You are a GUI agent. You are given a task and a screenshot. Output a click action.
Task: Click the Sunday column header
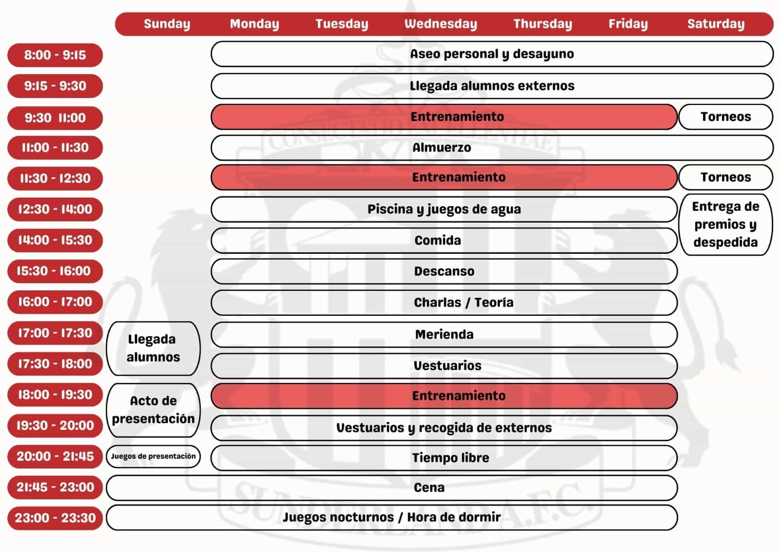(x=167, y=24)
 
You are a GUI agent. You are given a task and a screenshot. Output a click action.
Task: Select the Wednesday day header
(x=441, y=24)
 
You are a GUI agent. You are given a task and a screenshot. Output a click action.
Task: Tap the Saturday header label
(x=716, y=24)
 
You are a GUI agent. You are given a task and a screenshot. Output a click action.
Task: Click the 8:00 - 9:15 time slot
(x=55, y=55)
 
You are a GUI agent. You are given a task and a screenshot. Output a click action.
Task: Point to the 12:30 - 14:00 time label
(x=55, y=209)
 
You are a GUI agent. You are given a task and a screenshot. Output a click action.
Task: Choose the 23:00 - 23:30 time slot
(x=55, y=518)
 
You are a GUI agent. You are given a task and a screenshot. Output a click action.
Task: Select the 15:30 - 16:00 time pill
(x=55, y=271)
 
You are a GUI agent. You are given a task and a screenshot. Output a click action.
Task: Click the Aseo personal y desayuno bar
(x=492, y=54)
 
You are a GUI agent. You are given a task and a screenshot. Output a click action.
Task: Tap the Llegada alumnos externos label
(x=492, y=86)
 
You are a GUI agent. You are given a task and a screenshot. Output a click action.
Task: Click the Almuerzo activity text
(x=442, y=147)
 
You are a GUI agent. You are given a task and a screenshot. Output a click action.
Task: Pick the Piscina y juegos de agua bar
(x=444, y=209)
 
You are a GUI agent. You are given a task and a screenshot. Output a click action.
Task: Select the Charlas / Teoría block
(x=463, y=303)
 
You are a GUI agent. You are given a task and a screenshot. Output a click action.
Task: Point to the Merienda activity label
(x=444, y=334)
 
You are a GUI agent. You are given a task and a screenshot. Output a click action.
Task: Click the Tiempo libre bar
(x=450, y=458)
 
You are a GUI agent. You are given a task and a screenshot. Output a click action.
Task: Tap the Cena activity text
(x=429, y=488)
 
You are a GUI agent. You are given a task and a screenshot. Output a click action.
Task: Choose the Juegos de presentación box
(x=153, y=456)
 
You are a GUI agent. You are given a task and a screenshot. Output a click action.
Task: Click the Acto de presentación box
(x=153, y=410)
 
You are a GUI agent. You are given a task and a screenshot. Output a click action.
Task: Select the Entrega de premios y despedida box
(x=725, y=225)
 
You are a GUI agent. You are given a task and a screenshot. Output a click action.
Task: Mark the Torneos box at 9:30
(x=725, y=117)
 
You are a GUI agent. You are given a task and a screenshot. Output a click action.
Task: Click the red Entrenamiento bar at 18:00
(x=458, y=396)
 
